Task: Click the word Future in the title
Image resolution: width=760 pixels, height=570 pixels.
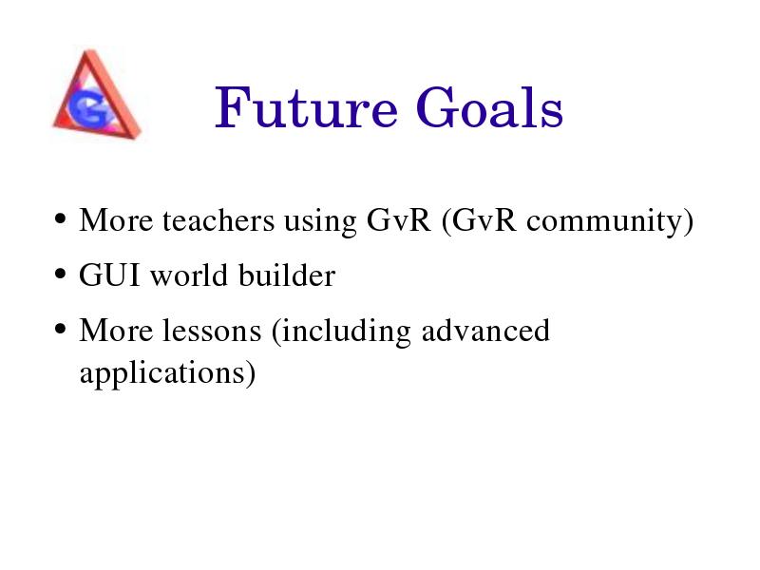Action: coord(306,106)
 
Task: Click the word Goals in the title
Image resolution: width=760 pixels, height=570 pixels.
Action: coord(489,106)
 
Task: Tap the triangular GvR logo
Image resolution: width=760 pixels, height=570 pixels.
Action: coord(97,94)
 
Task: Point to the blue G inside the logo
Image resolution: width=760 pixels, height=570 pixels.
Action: coord(90,106)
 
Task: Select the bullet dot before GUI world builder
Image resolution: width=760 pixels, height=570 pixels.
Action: coord(60,274)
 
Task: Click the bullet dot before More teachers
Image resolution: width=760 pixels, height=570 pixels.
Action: coord(60,218)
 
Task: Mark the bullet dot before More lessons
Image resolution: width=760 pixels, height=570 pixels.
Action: coord(60,329)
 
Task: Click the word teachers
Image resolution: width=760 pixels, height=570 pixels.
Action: coord(218,220)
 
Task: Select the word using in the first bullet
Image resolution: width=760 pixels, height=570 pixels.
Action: coord(320,223)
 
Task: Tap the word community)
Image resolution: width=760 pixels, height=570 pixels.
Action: coord(610,222)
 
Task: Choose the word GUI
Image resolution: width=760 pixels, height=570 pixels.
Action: coord(109,275)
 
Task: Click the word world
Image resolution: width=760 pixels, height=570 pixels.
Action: coord(189,275)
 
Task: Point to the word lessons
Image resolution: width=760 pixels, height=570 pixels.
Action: coord(212,331)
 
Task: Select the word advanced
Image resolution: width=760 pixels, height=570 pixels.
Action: coord(485,331)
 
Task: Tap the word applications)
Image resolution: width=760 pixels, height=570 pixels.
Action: coord(168,374)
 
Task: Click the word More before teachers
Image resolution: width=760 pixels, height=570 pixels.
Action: coord(116,220)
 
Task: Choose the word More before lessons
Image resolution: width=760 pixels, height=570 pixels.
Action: coord(116,331)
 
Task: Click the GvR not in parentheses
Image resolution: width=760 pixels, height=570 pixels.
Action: coord(399,220)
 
